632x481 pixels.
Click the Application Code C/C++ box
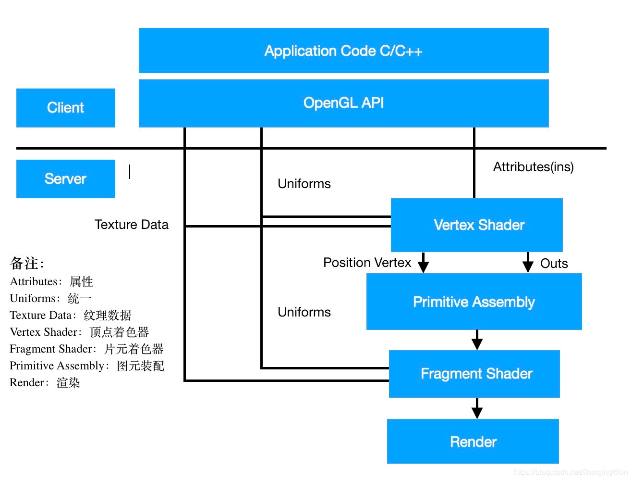click(343, 51)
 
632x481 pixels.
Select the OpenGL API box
click(343, 103)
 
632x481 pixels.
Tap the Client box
click(65, 108)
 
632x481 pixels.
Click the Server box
click(65, 179)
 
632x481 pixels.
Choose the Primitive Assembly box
click(474, 302)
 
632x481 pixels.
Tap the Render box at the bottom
click(473, 442)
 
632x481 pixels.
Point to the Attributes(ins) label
click(533, 167)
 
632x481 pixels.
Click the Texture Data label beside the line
click(131, 225)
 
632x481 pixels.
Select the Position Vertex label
click(367, 263)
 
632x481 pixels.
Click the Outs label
click(554, 264)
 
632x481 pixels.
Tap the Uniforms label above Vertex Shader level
click(304, 184)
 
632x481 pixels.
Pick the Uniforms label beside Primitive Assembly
click(304, 312)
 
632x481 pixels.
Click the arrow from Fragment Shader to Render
click(477, 409)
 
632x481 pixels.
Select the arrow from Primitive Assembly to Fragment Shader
click(477, 340)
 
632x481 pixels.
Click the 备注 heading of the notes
click(27, 263)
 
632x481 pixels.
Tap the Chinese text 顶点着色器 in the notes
click(119, 332)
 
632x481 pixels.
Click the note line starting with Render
click(45, 383)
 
